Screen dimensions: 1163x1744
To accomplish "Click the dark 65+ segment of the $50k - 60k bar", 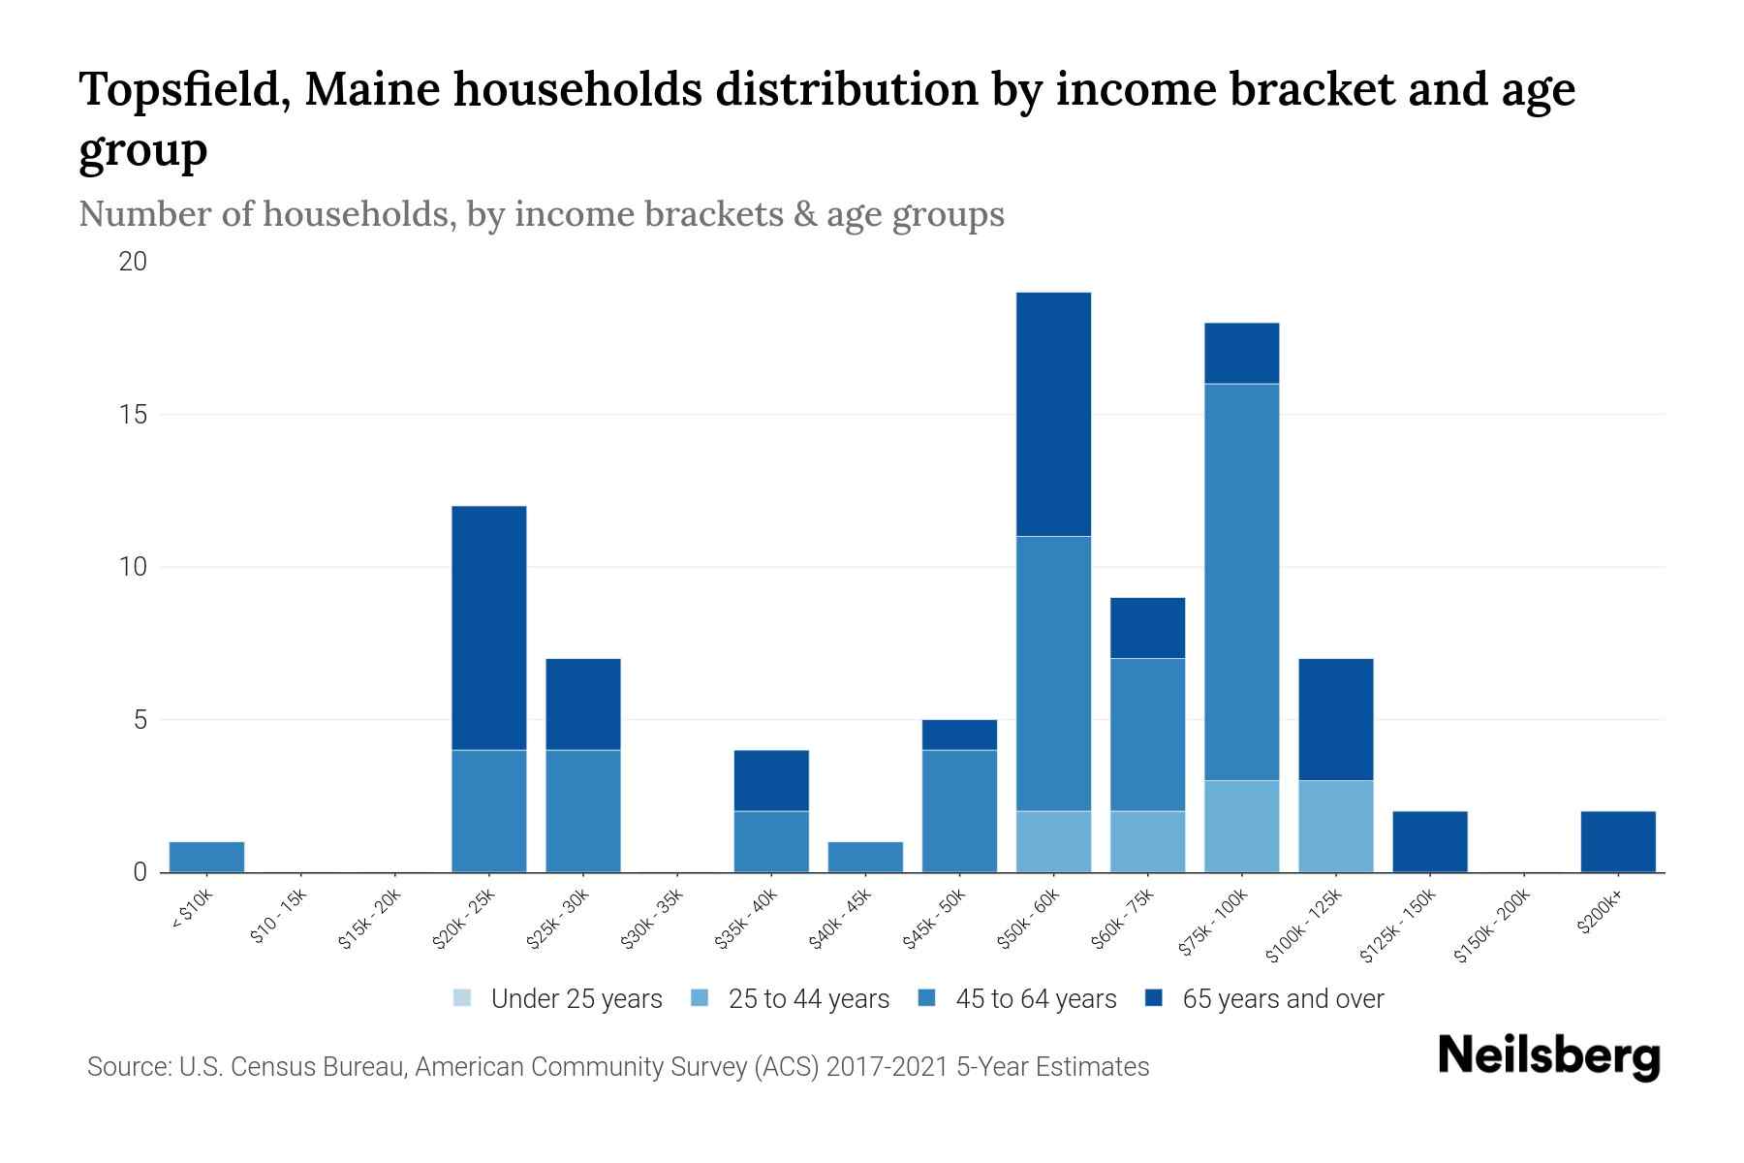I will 1053,414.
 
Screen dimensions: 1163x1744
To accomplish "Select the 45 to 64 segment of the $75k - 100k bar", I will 1241,581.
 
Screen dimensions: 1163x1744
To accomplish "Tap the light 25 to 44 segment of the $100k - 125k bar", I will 1335,826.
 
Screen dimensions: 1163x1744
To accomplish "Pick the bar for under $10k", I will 206,857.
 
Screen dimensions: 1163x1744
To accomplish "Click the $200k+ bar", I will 1618,841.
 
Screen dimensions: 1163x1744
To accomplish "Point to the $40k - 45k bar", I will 865,857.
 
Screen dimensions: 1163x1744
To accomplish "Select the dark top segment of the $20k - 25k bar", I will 489,627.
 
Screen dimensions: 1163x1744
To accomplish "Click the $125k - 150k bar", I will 1429,841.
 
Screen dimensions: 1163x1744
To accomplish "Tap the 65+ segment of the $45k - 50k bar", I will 959,735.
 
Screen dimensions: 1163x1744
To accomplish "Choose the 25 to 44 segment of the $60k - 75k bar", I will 1147,841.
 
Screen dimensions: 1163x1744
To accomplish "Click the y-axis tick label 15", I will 134,415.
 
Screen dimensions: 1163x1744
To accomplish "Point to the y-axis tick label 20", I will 134,262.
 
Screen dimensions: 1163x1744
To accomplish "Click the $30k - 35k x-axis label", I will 652,921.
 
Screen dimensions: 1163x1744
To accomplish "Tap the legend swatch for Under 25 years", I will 463,998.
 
